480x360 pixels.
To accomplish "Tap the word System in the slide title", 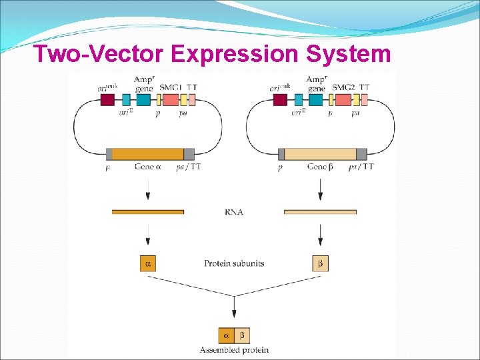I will coord(349,53).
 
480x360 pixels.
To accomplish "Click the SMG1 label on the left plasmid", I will coord(171,88).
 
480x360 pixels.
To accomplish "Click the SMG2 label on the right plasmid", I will coord(344,88).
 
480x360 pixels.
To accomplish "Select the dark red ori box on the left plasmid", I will coord(107,100).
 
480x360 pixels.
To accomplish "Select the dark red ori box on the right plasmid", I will coord(280,100).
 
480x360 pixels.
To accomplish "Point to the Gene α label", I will coord(149,167).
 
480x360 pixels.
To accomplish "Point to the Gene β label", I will coord(321,167).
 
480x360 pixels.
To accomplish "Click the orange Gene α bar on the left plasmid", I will coord(148,154).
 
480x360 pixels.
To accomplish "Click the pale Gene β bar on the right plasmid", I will coord(320,154).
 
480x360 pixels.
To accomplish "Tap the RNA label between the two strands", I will coord(234,212).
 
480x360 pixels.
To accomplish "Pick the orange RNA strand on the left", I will coord(148,212).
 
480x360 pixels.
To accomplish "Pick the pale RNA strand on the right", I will coord(320,212).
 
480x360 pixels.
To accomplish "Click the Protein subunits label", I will coord(234,263).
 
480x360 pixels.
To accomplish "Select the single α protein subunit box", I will coord(147,263).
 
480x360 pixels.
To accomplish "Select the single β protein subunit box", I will coord(320,263).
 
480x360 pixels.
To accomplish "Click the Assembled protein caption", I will coord(234,350).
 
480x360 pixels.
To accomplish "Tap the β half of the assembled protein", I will coord(242,335).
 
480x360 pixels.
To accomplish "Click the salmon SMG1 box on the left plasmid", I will coord(171,100).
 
